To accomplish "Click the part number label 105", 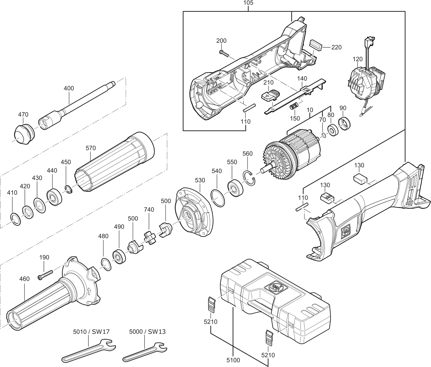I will pos(249,3).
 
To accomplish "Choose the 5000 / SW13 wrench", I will pos(145,352).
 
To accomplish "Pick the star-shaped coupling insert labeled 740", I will pos(149,238).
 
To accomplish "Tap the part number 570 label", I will pos(91,148).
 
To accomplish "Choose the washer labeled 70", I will pos(322,135).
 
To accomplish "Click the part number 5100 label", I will pos(233,360).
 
